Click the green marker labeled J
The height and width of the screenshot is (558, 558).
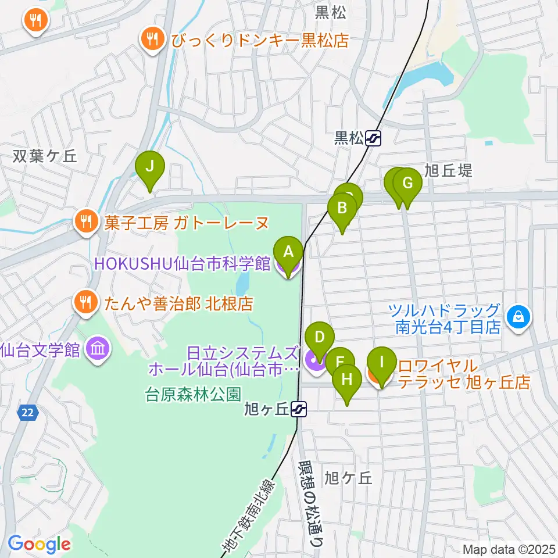(x=149, y=167)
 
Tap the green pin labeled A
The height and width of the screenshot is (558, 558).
(x=288, y=252)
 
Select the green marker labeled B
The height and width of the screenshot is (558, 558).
(x=342, y=208)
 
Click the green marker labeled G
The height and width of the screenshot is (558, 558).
(x=407, y=184)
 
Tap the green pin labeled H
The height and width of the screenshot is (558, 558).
(x=347, y=380)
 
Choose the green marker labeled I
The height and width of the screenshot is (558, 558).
(x=381, y=363)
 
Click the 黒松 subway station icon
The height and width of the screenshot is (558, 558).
(x=374, y=138)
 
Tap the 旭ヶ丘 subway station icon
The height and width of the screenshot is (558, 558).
(x=299, y=409)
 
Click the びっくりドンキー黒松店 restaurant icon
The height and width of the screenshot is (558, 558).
(x=152, y=40)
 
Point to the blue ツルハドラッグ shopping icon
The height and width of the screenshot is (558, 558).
(x=516, y=317)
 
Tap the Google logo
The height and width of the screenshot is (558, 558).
(x=39, y=544)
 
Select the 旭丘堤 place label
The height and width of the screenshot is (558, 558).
(x=448, y=170)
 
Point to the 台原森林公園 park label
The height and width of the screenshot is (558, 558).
(x=192, y=395)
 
